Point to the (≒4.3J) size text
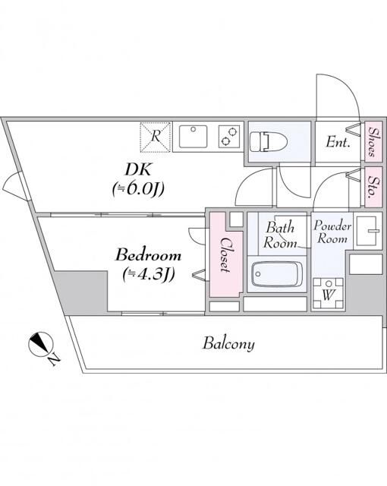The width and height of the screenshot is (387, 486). coord(149,273)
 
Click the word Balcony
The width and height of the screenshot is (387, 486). coord(228,343)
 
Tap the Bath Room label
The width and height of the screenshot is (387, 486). coord(279,235)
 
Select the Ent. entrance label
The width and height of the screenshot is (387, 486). coord(338,142)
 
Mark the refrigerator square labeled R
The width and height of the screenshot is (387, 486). coord(156,137)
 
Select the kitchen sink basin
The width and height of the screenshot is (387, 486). coord(194,137)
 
